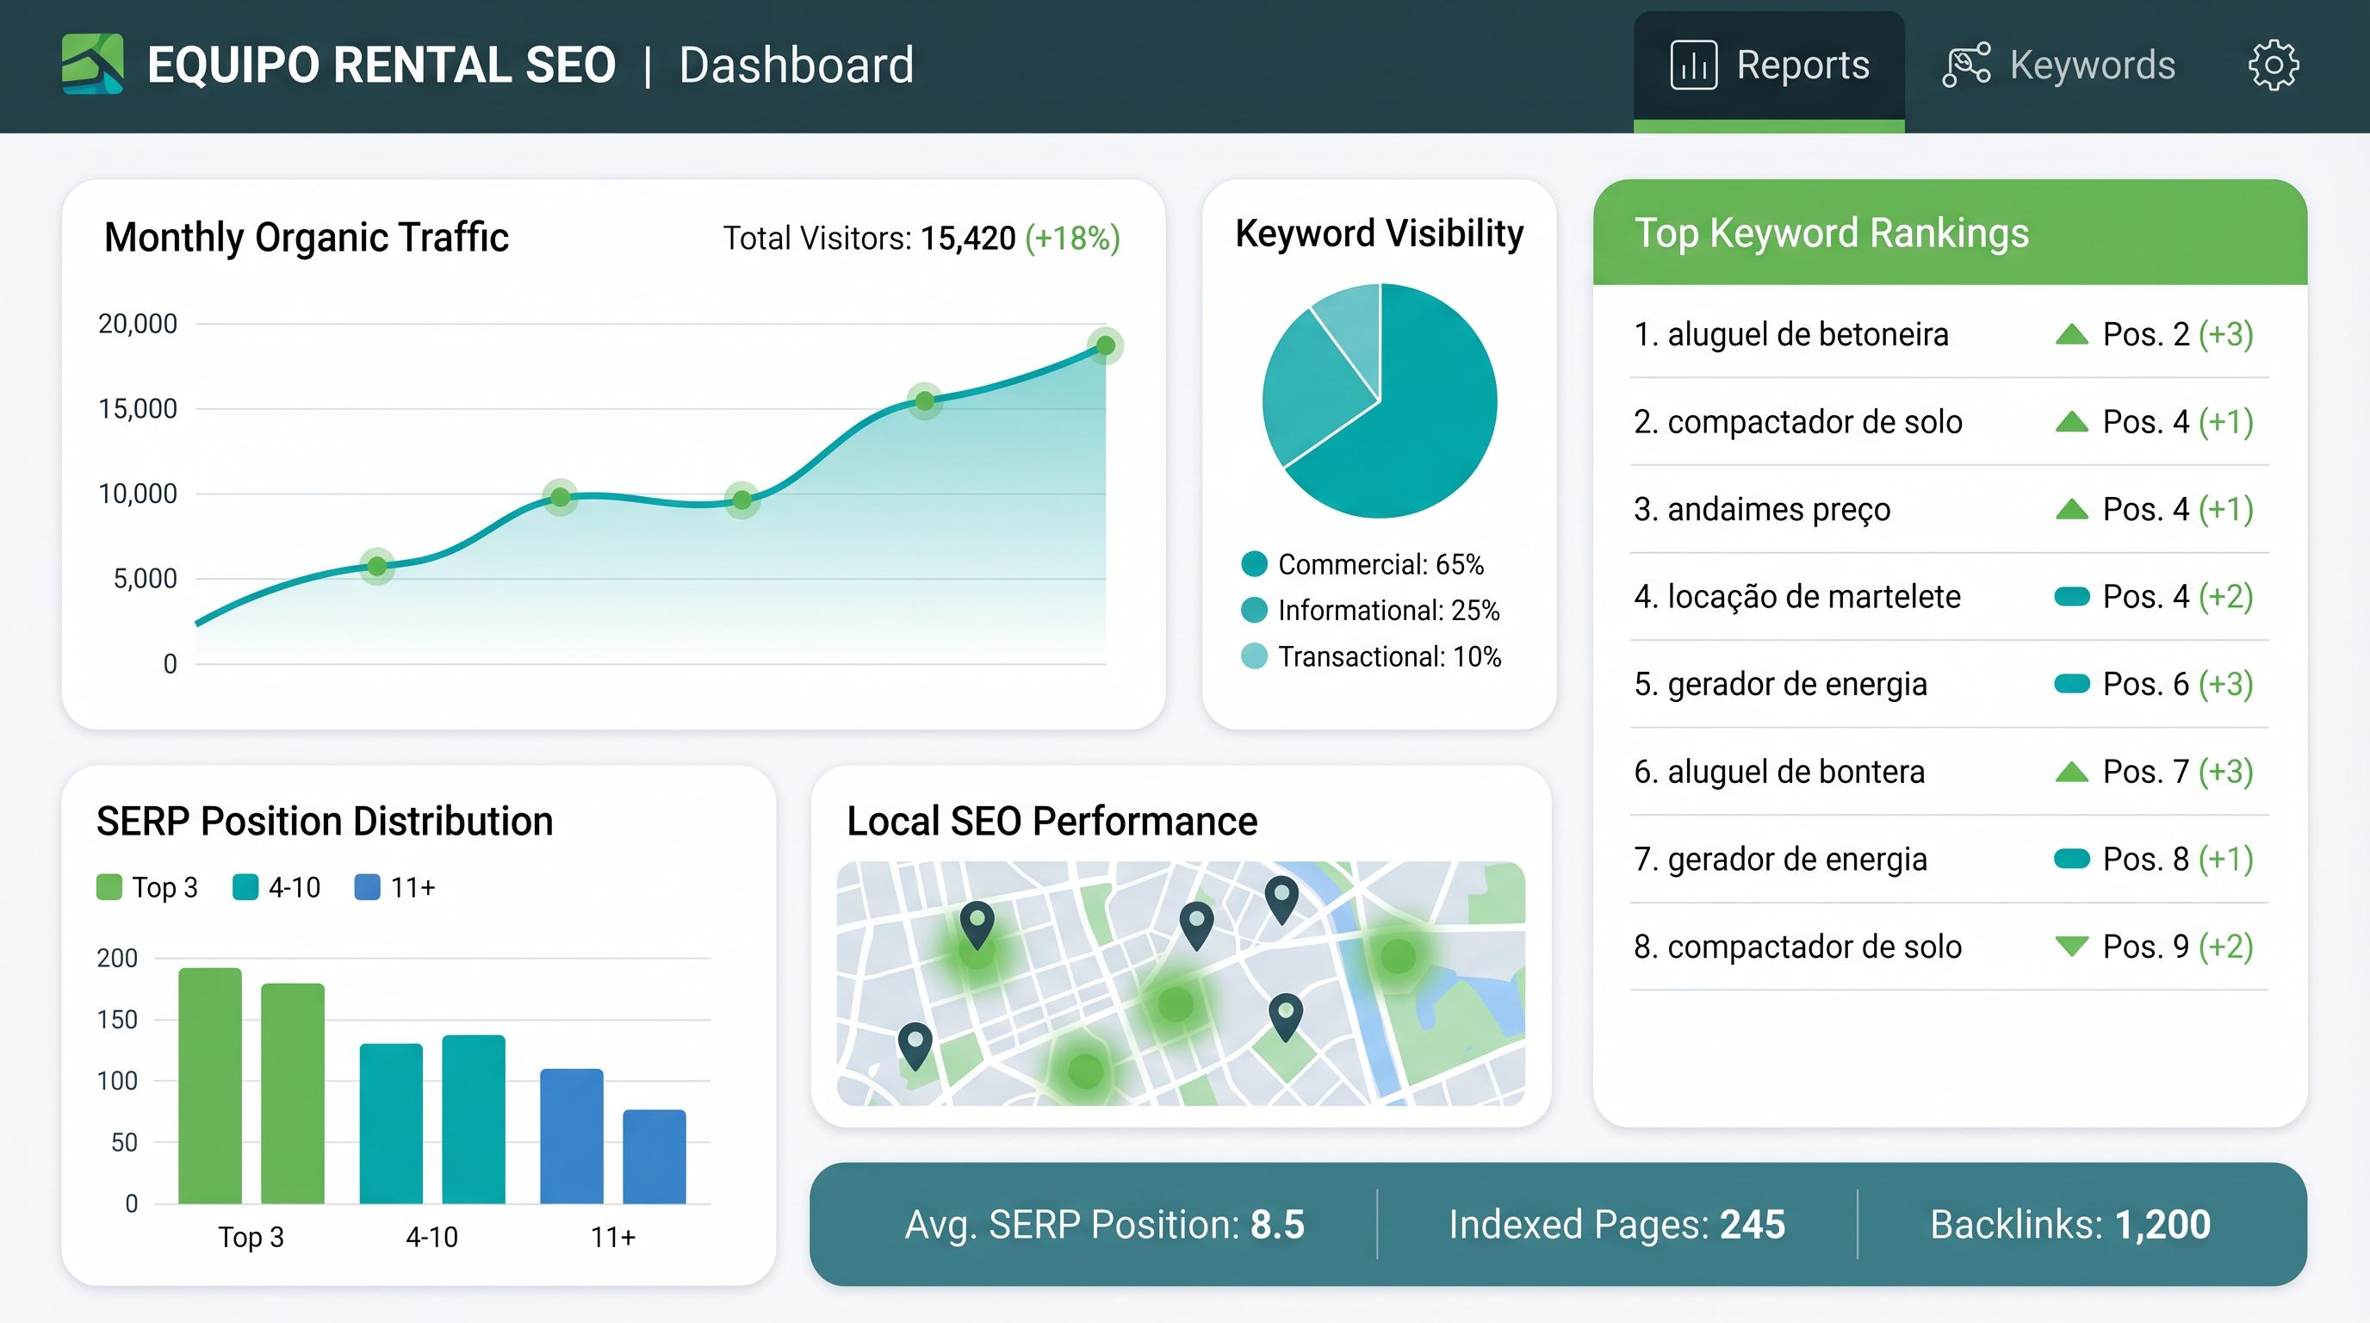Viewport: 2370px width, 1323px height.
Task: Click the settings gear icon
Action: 2274,65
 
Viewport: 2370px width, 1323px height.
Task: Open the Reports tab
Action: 1768,65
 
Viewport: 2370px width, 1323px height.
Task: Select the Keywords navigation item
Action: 2059,65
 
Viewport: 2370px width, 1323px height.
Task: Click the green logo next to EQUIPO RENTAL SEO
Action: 92,64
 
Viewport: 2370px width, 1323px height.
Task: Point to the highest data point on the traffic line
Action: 1105,346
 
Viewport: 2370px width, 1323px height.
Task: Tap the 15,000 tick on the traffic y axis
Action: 138,408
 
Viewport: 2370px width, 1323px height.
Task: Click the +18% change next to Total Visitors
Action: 1072,239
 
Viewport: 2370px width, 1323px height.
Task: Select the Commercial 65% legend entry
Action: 1362,564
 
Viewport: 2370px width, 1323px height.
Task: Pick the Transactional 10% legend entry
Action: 1371,657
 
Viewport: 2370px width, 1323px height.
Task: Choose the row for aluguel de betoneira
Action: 1941,334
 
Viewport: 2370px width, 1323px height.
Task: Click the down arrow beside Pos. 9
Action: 2071,946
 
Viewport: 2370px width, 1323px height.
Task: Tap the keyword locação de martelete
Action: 1796,596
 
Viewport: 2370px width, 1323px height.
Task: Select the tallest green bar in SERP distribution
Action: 210,1085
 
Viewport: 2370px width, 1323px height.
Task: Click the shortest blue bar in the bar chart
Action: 655,1157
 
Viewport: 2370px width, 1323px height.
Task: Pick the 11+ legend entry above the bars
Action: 394,888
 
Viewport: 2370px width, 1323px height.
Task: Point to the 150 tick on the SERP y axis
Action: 118,1020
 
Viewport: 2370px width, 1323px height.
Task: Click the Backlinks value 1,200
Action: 2162,1225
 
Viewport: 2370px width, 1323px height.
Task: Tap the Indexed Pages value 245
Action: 1752,1225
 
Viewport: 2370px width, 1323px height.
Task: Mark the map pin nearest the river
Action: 1281,897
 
